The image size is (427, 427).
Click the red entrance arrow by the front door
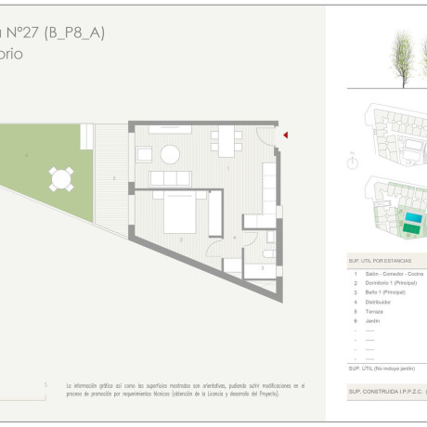(285, 136)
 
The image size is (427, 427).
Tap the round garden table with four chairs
(62, 178)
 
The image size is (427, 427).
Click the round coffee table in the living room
(171, 154)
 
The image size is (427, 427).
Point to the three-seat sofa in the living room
(170, 177)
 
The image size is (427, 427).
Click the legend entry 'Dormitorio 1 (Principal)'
(391, 283)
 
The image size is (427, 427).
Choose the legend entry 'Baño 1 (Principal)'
(385, 292)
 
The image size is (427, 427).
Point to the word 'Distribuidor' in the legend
(378, 302)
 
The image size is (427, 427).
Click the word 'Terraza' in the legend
(374, 311)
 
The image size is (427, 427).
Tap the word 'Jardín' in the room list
(372, 320)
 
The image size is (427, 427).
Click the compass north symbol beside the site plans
(353, 162)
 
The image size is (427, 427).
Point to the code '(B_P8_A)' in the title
(80, 32)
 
